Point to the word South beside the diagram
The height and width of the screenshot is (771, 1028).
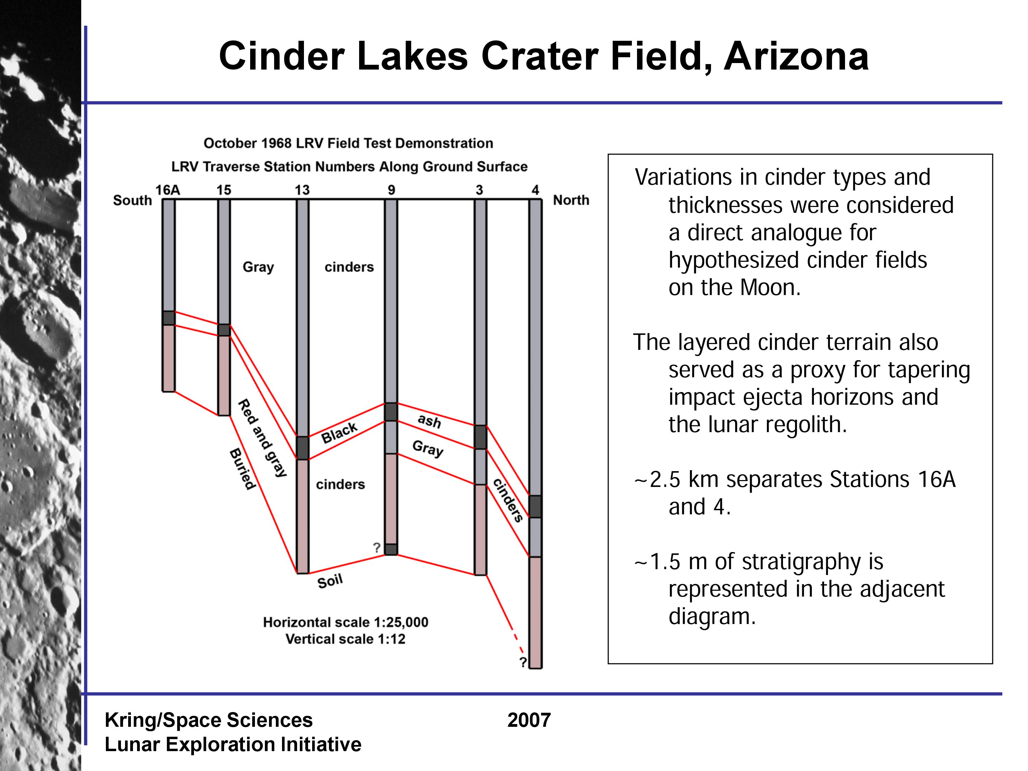133,200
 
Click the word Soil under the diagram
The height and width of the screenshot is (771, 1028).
330,581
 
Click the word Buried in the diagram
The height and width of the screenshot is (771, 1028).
243,469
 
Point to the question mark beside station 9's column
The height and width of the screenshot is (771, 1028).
377,548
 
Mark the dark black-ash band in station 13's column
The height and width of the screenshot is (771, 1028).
303,448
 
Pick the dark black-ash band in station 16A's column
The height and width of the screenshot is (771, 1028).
168,318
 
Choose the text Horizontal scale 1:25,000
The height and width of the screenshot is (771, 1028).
346,622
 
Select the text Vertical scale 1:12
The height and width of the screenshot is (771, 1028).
345,639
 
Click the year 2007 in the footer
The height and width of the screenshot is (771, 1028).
529,720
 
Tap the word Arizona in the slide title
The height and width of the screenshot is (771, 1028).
796,56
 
